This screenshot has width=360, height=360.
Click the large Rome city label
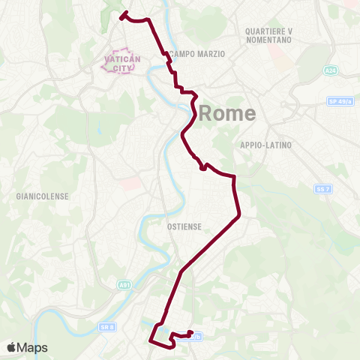pos(229,114)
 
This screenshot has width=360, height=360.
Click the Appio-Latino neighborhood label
pos(265,144)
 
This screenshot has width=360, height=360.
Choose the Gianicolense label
pos(42,196)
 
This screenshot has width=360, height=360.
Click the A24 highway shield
pos(331,70)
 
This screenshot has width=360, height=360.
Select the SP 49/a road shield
pos(340,101)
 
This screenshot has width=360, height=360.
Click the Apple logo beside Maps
pos(11,347)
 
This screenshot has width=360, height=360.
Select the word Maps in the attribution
pos(33,347)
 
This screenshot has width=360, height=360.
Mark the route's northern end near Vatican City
pos(124,13)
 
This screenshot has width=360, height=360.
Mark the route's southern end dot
pos(190,333)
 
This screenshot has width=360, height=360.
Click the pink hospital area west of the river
pos(129,183)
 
